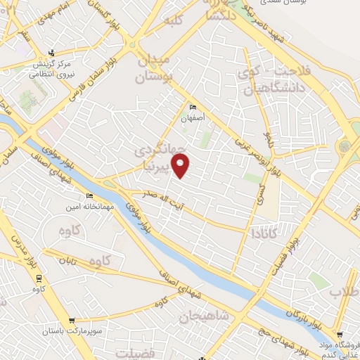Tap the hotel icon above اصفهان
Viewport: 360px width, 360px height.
pyautogui.click(x=193, y=107)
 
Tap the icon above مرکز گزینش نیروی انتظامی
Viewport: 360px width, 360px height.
pyautogui.click(x=51, y=53)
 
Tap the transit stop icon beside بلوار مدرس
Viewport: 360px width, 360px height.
pyautogui.click(x=34, y=278)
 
